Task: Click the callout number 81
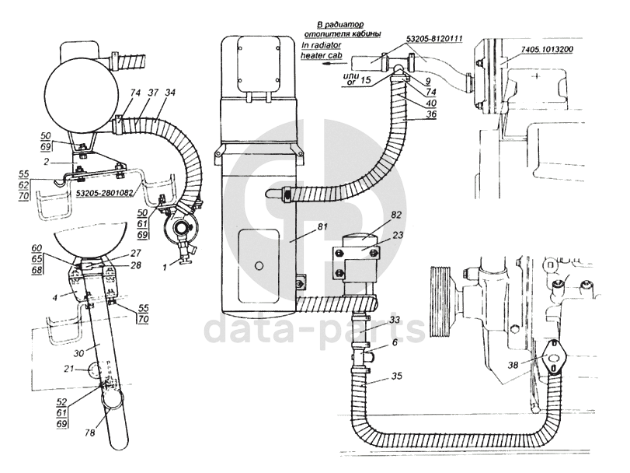click(323, 227)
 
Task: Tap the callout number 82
click(395, 215)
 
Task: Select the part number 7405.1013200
click(547, 49)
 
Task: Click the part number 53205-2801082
click(104, 193)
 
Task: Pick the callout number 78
click(89, 433)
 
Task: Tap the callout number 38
click(513, 364)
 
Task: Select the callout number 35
click(396, 376)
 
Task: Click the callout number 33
click(395, 321)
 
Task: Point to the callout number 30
click(78, 352)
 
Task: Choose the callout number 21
click(69, 369)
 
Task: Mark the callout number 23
click(397, 235)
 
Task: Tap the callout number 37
click(152, 93)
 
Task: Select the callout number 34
click(170, 93)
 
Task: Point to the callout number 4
click(55, 297)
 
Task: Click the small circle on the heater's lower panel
click(259, 265)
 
